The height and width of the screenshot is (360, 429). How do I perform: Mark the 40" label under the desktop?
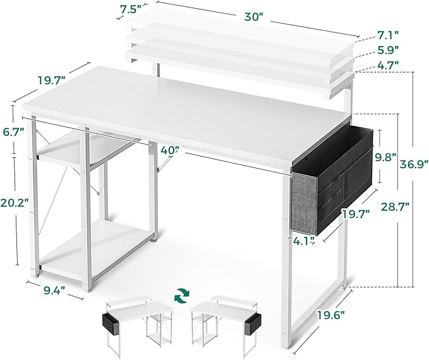(169, 150)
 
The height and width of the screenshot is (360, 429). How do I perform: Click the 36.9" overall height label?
(413, 166)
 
